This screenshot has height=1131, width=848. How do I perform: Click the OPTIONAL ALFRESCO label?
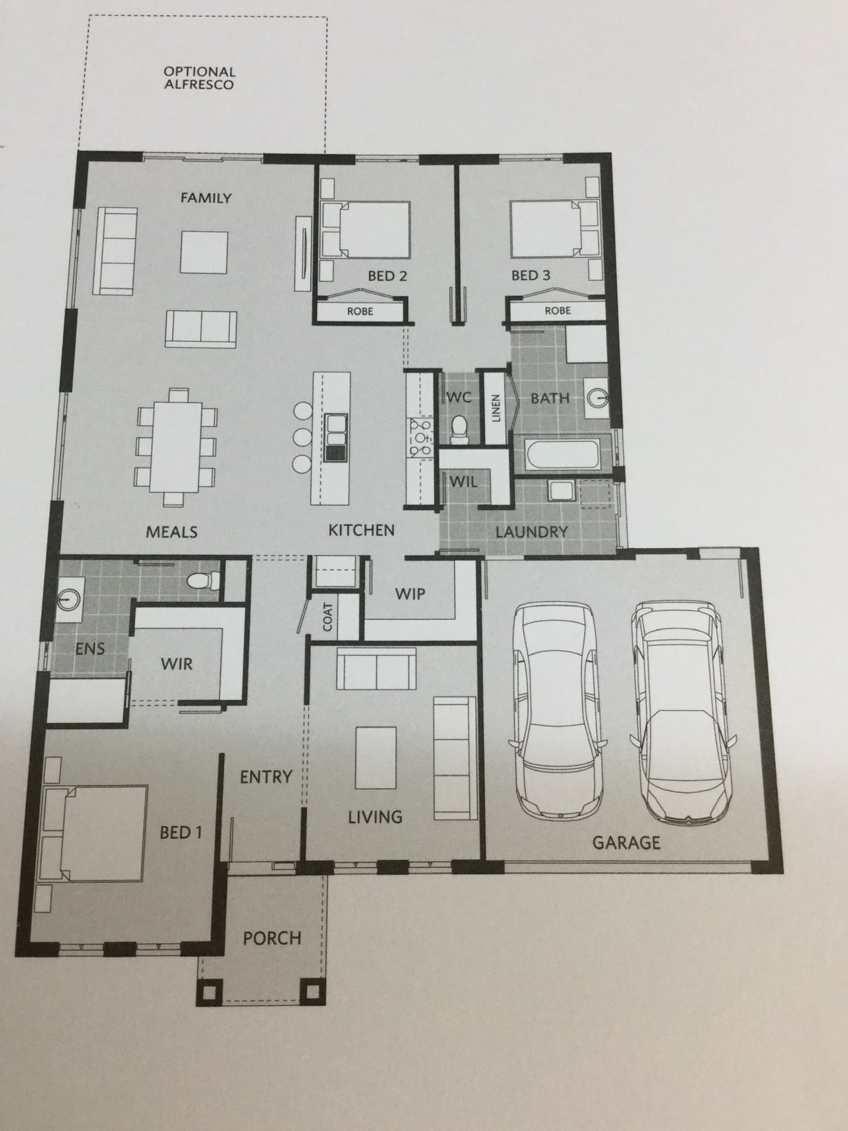pos(199,78)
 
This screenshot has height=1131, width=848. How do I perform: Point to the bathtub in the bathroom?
pos(565,454)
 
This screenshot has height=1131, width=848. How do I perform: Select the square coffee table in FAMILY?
pos(204,253)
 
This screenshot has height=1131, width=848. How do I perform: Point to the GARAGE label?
pos(626,843)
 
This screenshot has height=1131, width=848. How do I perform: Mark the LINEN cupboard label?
pos(495,409)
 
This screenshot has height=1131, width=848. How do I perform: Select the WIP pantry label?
pos(410,594)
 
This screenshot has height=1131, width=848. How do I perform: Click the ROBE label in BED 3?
pos(558,311)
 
